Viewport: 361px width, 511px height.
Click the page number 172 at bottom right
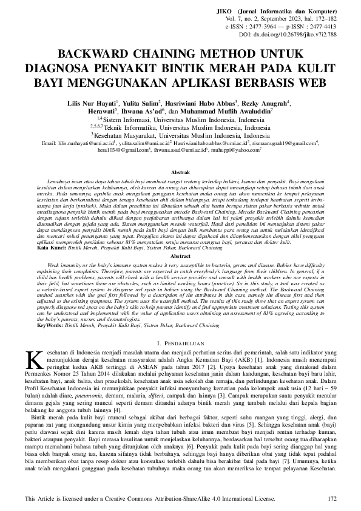(331, 499)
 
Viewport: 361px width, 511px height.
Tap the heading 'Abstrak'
(180, 157)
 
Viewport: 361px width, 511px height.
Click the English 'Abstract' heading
(180, 256)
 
